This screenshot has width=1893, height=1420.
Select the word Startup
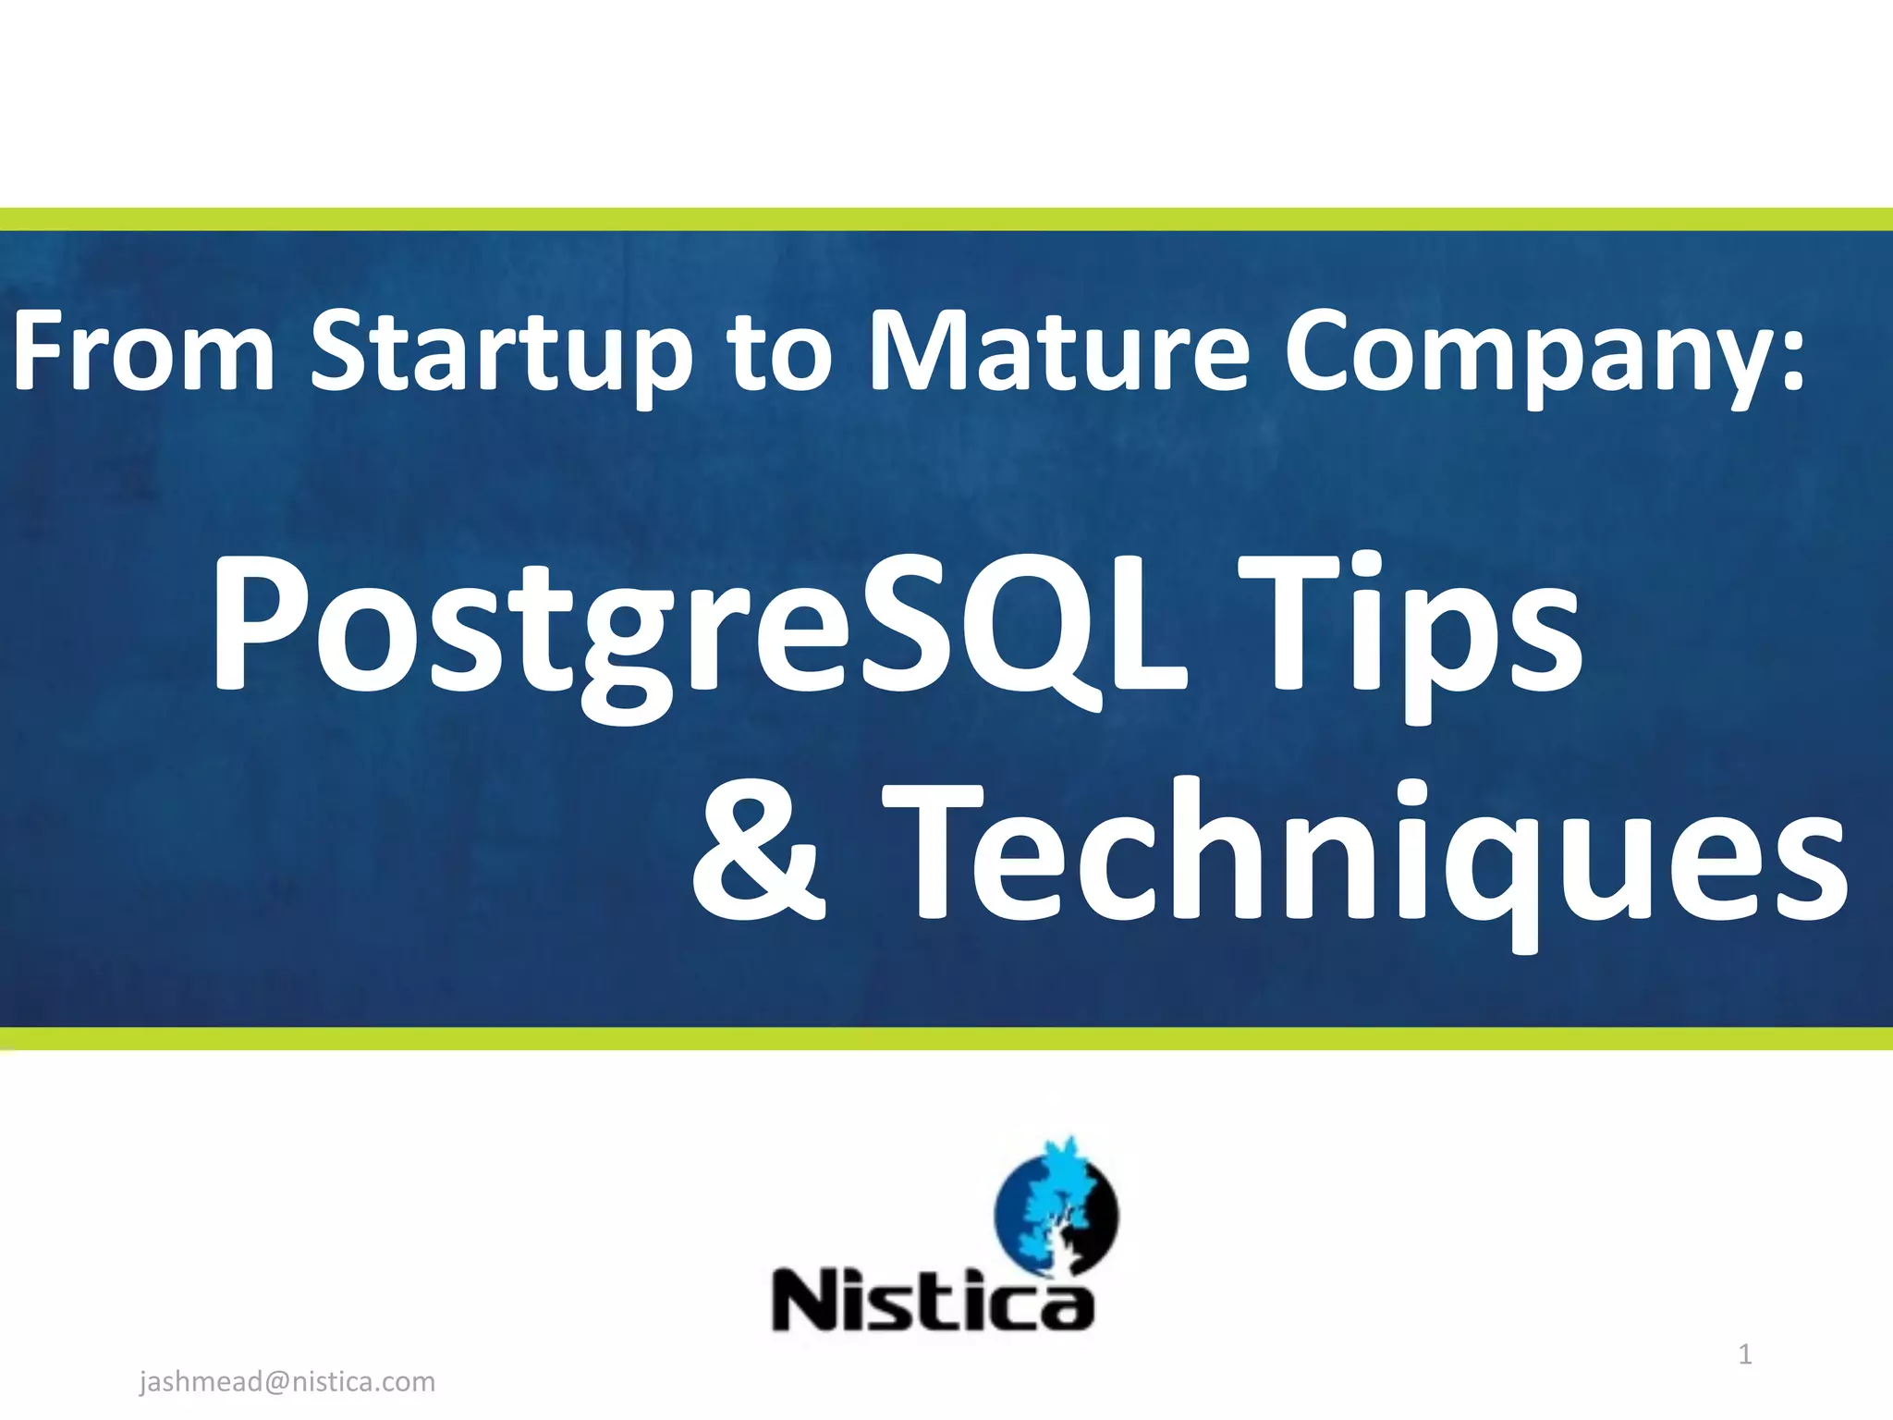pos(500,356)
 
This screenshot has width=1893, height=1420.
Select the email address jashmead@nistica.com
pos(287,1382)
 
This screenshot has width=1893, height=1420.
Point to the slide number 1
pos(1745,1355)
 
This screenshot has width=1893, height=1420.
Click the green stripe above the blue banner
pos(946,219)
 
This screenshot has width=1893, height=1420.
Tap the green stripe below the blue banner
pos(946,1038)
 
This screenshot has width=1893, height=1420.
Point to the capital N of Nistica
pos(804,1299)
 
